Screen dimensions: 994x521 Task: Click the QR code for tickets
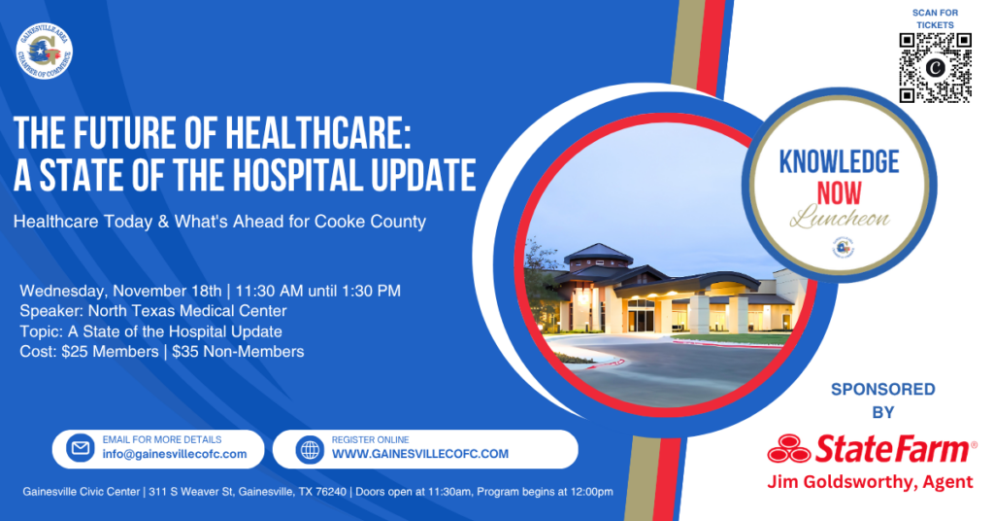click(x=935, y=67)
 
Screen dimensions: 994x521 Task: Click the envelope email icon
click(x=81, y=449)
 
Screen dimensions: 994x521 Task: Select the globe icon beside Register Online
click(x=310, y=449)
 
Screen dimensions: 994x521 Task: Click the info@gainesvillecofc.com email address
click(x=175, y=454)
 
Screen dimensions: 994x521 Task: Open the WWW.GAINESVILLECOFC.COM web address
click(x=420, y=454)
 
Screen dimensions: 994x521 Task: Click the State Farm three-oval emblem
click(x=788, y=449)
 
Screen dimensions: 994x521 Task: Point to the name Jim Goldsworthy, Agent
click(x=870, y=482)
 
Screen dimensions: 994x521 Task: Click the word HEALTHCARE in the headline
click(x=318, y=133)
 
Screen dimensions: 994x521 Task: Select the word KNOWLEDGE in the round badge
click(x=839, y=161)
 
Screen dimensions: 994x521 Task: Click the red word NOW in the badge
click(x=839, y=193)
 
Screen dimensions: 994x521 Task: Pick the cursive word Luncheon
click(x=840, y=217)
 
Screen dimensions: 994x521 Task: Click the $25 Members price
click(x=110, y=352)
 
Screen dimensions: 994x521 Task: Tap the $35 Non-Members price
click(x=238, y=352)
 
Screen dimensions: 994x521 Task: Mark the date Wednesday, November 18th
click(x=121, y=292)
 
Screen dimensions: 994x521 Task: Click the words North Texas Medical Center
click(x=187, y=311)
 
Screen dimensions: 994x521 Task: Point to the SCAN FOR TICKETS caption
click(x=935, y=18)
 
